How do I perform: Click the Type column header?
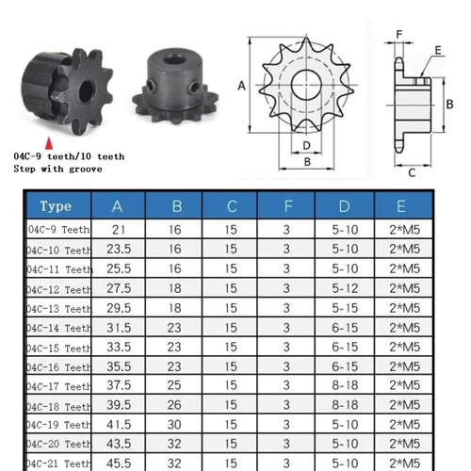click(x=56, y=206)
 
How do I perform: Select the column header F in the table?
click(x=286, y=206)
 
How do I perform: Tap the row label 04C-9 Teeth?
click(x=57, y=229)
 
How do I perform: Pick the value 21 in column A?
click(x=118, y=229)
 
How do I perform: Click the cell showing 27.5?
click(x=118, y=288)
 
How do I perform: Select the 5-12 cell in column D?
click(x=346, y=288)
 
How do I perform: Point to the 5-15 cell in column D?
click(x=346, y=308)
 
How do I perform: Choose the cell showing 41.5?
click(x=118, y=426)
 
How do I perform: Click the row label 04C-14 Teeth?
click(x=57, y=328)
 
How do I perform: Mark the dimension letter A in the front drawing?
click(x=242, y=86)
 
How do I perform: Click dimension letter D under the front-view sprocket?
click(x=307, y=145)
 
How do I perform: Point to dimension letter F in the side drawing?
click(x=399, y=36)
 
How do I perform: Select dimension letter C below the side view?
click(x=413, y=172)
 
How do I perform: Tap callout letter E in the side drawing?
click(x=440, y=49)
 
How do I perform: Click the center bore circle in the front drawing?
click(x=308, y=86)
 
